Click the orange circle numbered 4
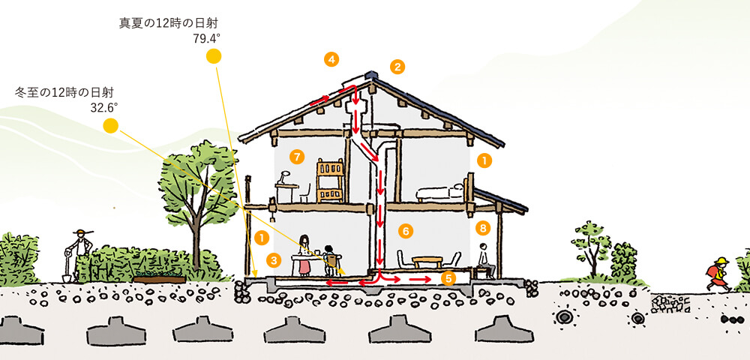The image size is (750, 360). coord(331,60)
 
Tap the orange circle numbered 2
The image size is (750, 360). coord(397,67)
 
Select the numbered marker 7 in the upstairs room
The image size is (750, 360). coord(296,156)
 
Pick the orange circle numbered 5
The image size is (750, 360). coord(448,278)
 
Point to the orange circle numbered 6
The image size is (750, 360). coord(406,232)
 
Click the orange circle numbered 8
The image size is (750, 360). coord(483,229)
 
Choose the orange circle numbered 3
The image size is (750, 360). coord(274,260)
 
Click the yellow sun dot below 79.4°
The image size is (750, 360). coord(213,56)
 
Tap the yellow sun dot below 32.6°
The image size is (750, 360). coord(110,126)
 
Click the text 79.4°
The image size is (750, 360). coord(206,39)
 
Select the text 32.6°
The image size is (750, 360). coord(103,108)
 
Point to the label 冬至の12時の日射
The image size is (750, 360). coord(64,93)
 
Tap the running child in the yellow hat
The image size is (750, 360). coord(718,274)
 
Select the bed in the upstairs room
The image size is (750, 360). coord(440,192)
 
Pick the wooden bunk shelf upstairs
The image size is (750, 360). coord(330,180)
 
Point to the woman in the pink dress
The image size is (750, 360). coord(304,255)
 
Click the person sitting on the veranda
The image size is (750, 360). coord(484,260)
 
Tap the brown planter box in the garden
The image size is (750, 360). coord(159,279)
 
